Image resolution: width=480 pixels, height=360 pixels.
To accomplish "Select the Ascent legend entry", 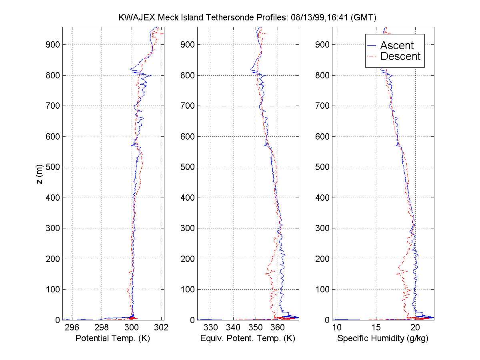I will tap(396, 46).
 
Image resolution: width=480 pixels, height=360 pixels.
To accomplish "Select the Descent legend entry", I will tap(400, 56).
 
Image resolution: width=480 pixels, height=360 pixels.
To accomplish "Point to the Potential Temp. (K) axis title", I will tap(112, 338).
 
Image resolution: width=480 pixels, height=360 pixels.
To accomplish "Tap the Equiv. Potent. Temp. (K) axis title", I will tap(248, 338).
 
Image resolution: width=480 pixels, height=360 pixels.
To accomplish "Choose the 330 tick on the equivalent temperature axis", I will tap(211, 328).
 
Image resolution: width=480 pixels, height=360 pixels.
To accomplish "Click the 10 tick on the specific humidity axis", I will tap(336, 328).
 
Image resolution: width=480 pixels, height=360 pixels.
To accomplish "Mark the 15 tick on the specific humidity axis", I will tap(376, 328).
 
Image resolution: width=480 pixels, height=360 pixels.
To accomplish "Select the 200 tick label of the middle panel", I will tap(188, 259).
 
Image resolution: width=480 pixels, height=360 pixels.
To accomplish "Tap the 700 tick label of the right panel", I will tap(323, 106).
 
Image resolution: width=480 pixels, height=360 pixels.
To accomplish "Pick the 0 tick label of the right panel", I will tap(327, 320).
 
